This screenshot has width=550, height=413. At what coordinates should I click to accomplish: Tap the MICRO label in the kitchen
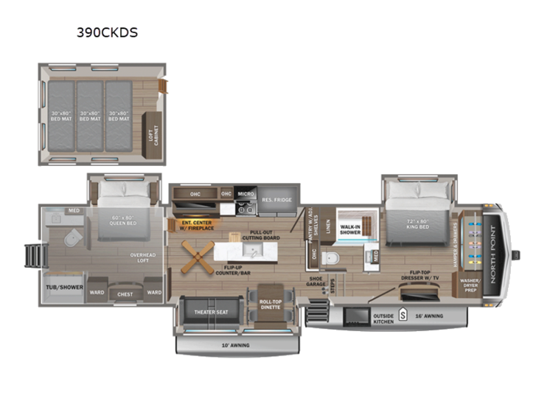[x=246, y=193]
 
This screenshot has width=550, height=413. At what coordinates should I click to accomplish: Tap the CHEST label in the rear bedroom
[x=125, y=293]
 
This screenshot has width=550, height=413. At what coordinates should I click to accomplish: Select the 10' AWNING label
[x=236, y=345]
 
